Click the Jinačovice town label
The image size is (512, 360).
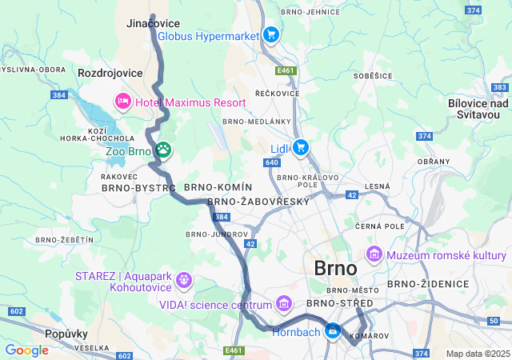(154, 24)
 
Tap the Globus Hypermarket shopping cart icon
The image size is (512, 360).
(270, 35)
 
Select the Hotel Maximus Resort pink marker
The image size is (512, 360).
(123, 102)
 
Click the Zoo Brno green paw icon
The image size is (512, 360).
(163, 149)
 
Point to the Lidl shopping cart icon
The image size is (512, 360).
(300, 146)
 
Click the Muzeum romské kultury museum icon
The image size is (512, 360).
(374, 255)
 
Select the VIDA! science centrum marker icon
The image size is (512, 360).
(282, 304)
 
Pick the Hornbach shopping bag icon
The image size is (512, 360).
(332, 330)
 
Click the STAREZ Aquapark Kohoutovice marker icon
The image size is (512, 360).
(184, 280)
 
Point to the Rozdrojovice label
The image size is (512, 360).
(110, 73)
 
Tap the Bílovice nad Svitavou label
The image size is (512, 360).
(478, 109)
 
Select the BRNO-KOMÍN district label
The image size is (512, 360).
(212, 186)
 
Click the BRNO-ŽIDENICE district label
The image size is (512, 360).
(427, 284)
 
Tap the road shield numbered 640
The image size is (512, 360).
(270, 162)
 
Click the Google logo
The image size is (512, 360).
(26, 350)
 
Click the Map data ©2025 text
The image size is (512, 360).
(477, 354)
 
